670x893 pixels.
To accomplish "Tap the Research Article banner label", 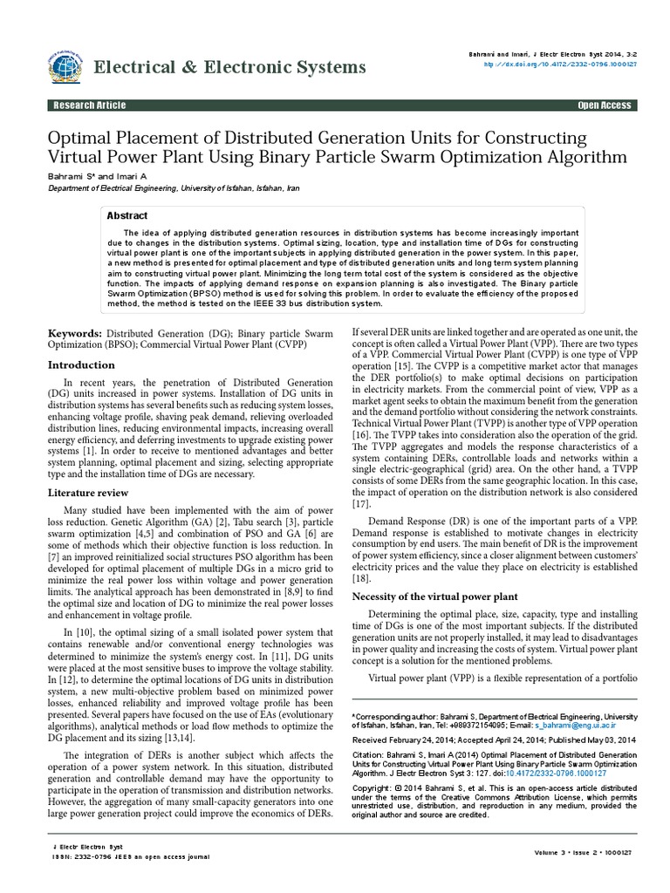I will pos(90,106).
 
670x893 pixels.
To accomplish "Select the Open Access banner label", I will pos(604,106).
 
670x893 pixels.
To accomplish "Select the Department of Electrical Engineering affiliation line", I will pos(179,187).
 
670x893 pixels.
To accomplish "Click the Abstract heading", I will pos(126,215).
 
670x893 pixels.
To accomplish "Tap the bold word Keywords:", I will pos(74,334).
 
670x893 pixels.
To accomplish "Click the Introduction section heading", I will pos(80,365).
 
